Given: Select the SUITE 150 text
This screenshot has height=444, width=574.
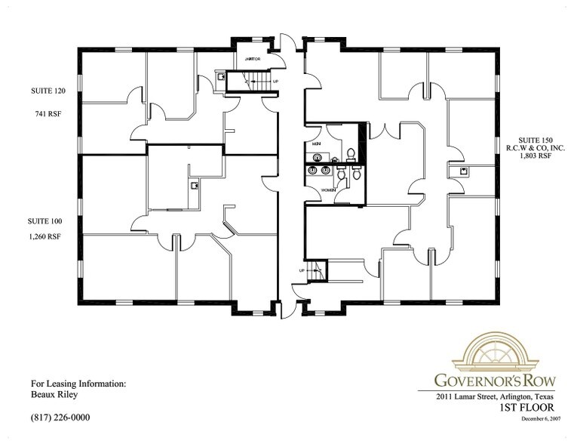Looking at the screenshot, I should (x=531, y=141).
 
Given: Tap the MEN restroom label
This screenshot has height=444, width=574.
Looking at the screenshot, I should (x=315, y=143).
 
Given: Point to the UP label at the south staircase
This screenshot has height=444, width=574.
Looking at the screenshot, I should (x=302, y=269).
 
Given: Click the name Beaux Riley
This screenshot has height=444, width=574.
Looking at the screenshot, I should (x=55, y=393).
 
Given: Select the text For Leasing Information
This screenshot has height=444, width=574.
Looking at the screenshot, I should (x=78, y=383).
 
